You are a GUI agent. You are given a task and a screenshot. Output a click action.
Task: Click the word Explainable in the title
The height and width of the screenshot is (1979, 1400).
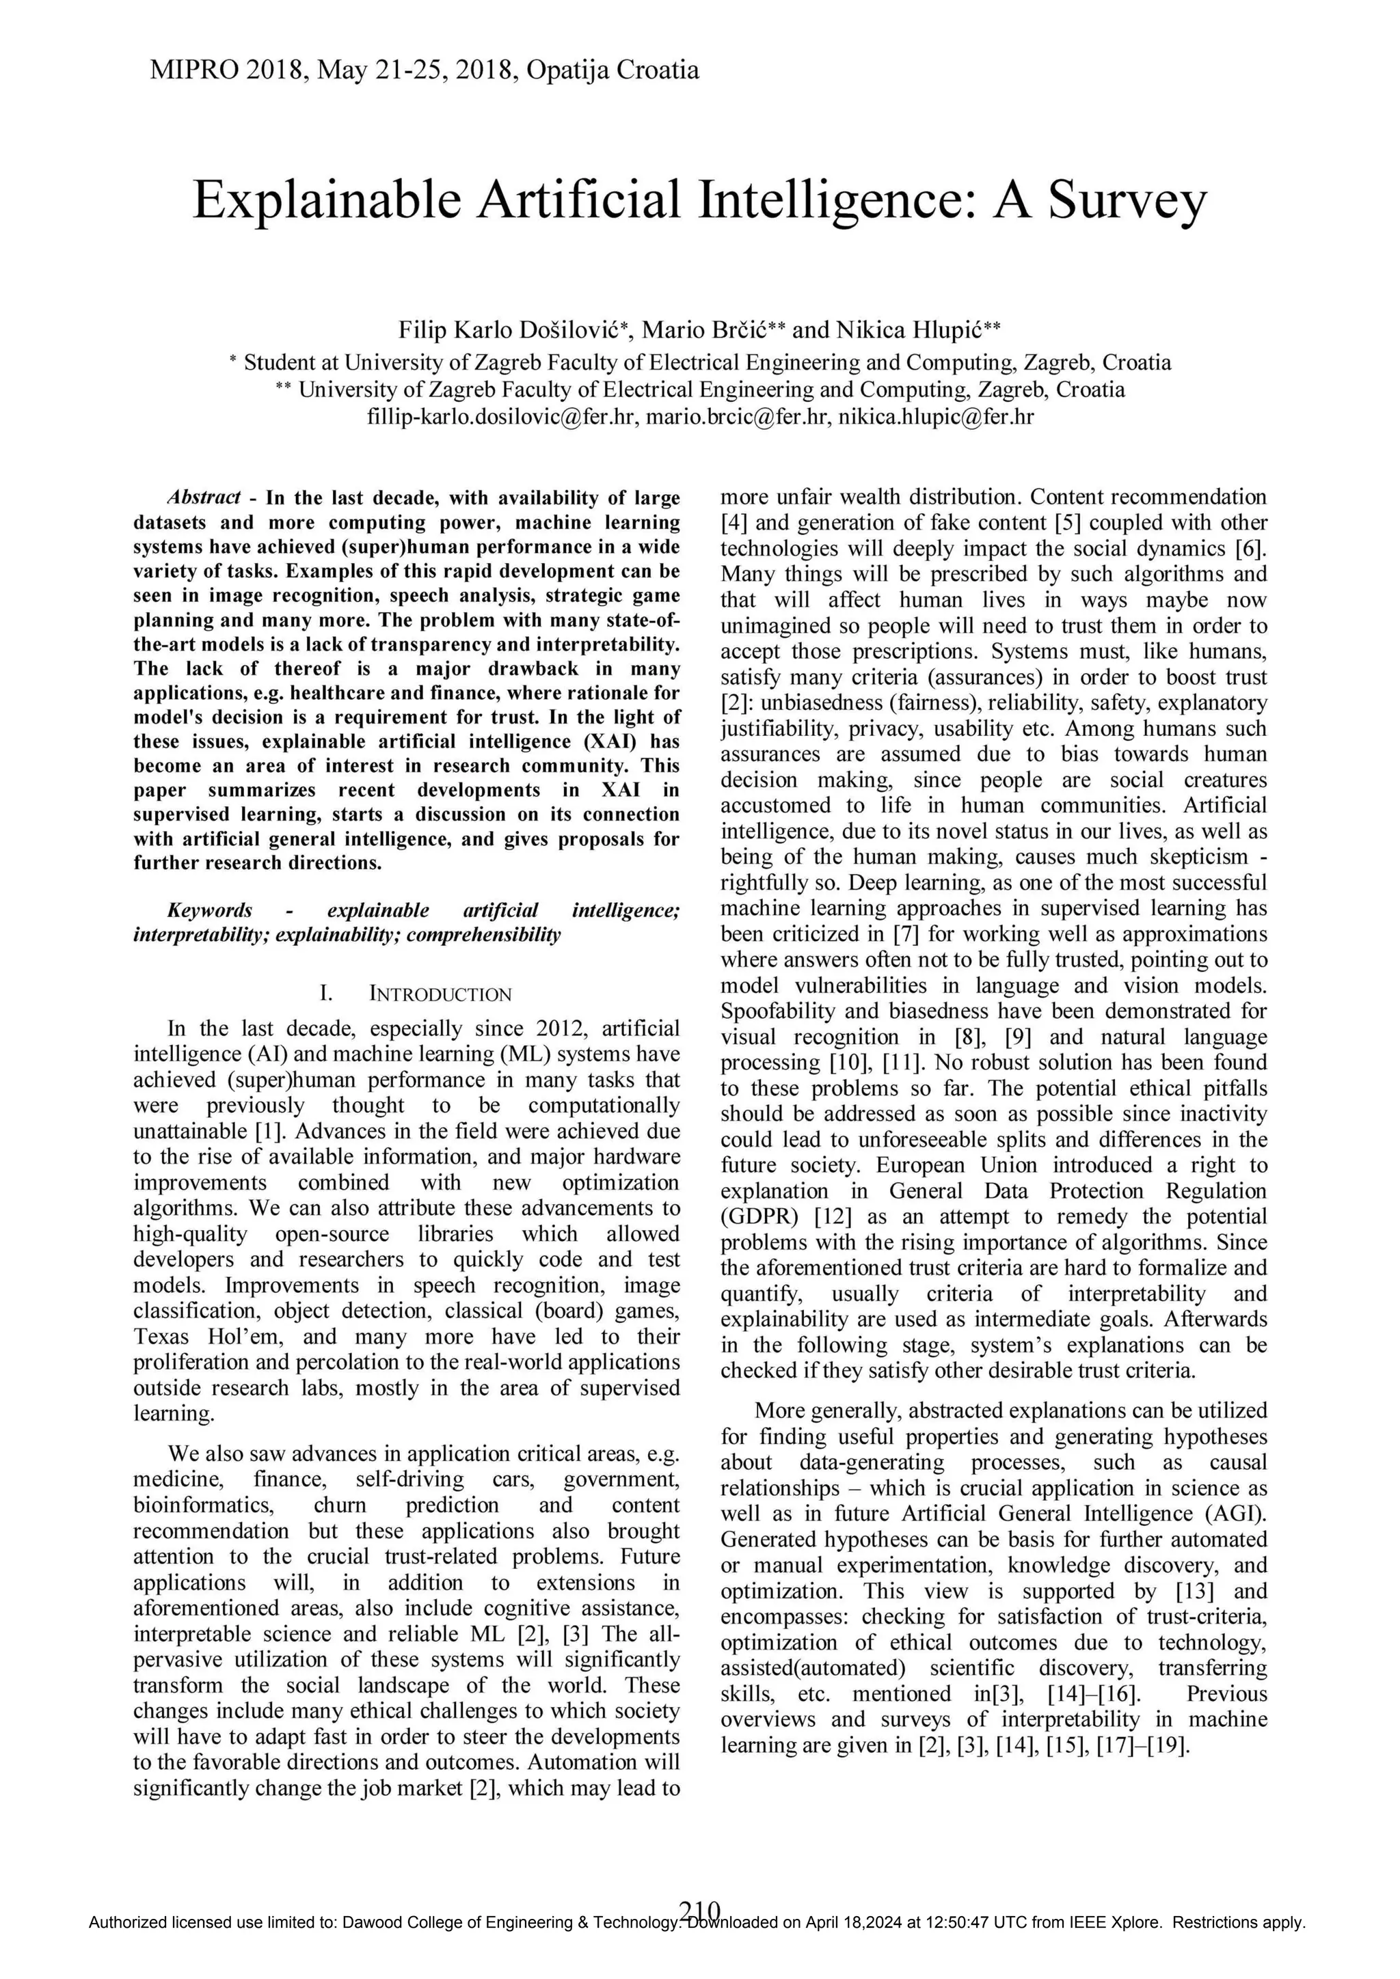click(327, 201)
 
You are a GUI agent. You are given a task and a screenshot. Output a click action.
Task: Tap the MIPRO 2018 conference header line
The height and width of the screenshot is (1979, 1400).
click(424, 70)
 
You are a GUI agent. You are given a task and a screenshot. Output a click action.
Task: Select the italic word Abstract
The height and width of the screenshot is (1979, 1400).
click(204, 497)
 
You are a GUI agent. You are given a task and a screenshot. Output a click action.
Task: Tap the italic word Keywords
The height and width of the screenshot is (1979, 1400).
click(209, 910)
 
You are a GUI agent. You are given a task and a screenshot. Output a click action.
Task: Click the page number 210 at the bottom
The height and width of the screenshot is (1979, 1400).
click(700, 1933)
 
